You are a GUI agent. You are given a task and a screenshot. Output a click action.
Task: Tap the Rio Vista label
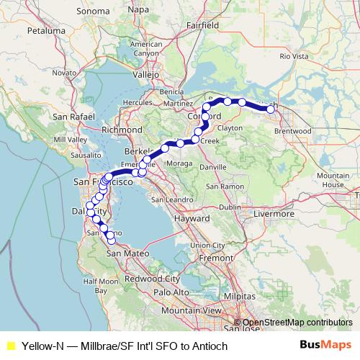coord(294,55)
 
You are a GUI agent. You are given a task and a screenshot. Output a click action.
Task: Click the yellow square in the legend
coord(10,346)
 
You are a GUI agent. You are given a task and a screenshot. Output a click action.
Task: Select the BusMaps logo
coord(326,346)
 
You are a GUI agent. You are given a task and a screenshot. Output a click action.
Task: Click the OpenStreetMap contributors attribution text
coord(297,323)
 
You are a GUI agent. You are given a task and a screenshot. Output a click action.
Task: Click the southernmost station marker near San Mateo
coord(111,240)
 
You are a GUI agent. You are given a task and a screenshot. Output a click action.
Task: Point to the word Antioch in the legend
coord(210,346)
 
